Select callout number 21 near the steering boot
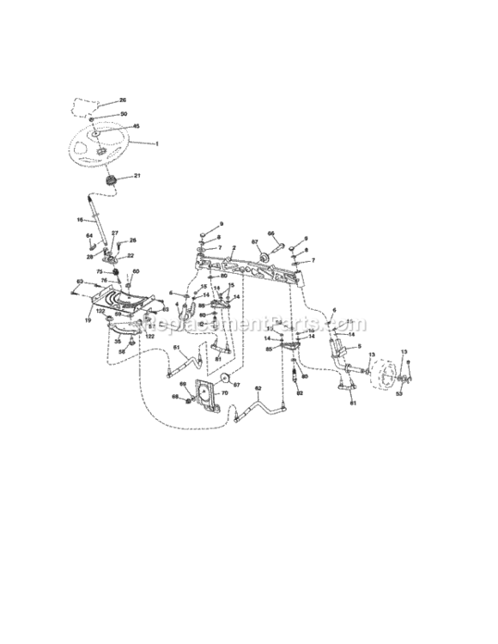point(137,176)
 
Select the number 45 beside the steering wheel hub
point(136,125)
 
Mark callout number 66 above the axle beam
point(270,233)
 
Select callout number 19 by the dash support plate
point(88,319)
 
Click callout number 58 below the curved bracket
point(121,351)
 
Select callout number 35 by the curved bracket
point(118,341)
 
